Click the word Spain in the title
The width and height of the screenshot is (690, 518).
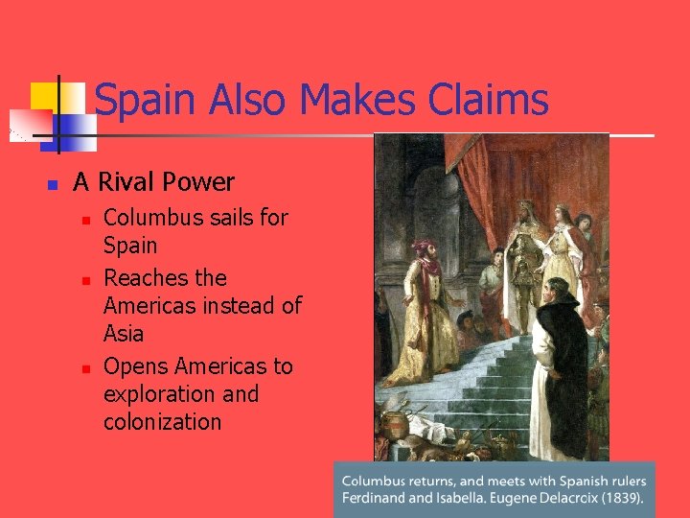[145, 100]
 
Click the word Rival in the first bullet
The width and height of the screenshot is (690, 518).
[130, 181]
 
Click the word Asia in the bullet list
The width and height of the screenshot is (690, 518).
[124, 334]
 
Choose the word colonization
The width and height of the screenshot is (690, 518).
[162, 421]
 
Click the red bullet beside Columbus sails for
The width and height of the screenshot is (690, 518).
[86, 220]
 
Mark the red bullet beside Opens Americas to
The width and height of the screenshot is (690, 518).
[86, 368]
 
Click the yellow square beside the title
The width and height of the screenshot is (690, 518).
[45, 97]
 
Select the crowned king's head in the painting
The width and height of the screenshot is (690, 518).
[525, 211]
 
